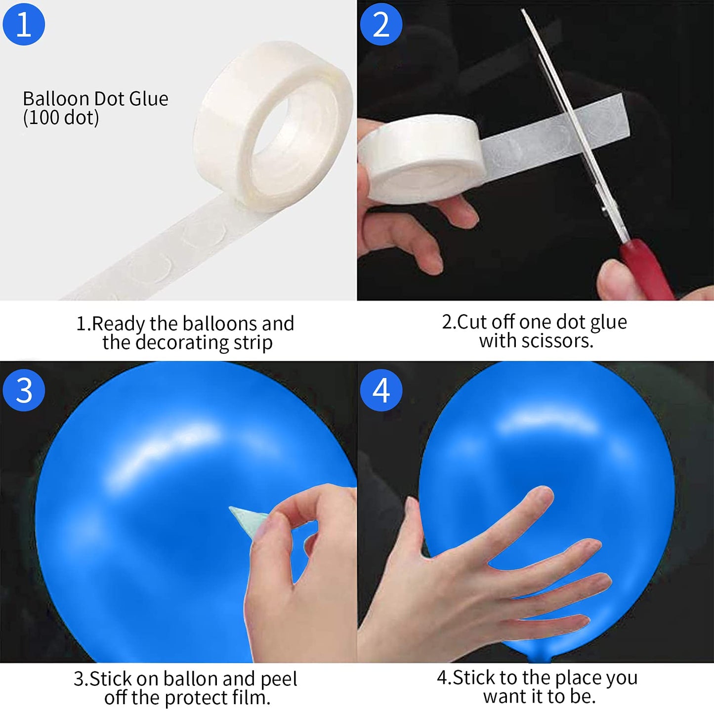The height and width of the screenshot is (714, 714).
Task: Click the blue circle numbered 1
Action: [24, 24]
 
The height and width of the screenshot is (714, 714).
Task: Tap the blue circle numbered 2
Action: [381, 24]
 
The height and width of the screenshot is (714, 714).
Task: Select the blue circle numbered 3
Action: [24, 390]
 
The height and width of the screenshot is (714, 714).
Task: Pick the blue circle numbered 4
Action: [381, 390]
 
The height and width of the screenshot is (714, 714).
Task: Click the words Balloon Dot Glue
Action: [95, 99]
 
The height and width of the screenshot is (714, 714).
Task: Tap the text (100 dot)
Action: [61, 118]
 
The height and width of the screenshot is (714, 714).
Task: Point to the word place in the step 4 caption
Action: [581, 678]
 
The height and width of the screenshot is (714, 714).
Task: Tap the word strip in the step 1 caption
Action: [253, 342]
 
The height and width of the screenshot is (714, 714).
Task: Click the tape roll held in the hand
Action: [420, 159]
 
